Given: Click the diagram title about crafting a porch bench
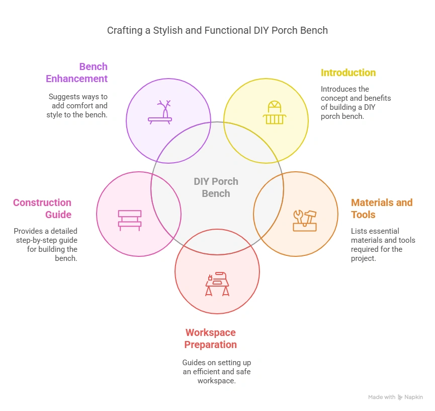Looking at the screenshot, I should pyautogui.click(x=217, y=30).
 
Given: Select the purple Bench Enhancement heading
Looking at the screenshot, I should pyautogui.click(x=76, y=73).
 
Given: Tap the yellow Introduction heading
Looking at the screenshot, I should pyautogui.click(x=348, y=73).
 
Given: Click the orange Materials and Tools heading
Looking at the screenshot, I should pyautogui.click(x=381, y=209).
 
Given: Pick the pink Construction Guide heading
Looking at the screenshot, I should pyautogui.click(x=42, y=209).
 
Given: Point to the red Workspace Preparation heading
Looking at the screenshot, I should pyautogui.click(x=210, y=338).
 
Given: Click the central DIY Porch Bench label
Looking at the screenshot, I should pyautogui.click(x=216, y=187).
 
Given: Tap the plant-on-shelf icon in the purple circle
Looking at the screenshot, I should pyautogui.click(x=160, y=112).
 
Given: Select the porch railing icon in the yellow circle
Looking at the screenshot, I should pyautogui.click(x=274, y=112).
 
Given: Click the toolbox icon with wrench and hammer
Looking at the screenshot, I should pyautogui.click(x=305, y=220).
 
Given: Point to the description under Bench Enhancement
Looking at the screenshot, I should pyautogui.click(x=78, y=105).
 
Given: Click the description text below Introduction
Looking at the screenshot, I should pyautogui.click(x=356, y=102).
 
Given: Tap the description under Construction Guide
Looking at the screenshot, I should pyautogui.click(x=46, y=245).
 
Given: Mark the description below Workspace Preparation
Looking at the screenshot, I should pyautogui.click(x=216, y=372).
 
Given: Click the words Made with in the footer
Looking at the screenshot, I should pyautogui.click(x=382, y=397).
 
